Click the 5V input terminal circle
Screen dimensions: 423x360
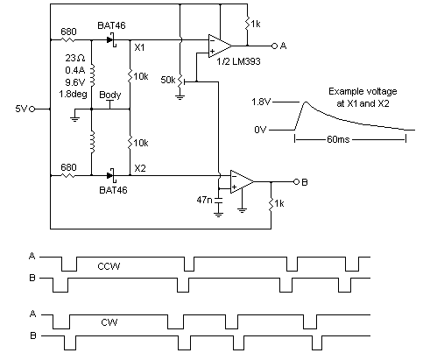32,109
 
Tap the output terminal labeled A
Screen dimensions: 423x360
274,46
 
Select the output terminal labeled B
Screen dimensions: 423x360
296,182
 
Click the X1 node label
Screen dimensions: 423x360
139,47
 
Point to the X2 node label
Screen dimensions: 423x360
140,168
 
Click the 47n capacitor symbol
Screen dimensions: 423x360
218,201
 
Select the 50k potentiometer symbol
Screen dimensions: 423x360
181,81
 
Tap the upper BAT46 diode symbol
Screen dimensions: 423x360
111,40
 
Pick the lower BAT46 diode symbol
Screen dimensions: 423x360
111,175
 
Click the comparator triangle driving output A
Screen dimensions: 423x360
220,46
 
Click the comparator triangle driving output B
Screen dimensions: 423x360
242,182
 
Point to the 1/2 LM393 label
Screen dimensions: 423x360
238,61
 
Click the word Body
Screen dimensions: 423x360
110,95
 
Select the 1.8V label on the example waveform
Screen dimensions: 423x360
261,102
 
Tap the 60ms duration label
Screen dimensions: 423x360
338,139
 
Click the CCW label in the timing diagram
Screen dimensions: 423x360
109,266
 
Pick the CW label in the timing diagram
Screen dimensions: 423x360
109,322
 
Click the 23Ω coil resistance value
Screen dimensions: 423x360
75,58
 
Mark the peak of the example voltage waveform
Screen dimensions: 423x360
306,102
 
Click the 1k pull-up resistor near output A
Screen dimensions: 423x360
248,24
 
